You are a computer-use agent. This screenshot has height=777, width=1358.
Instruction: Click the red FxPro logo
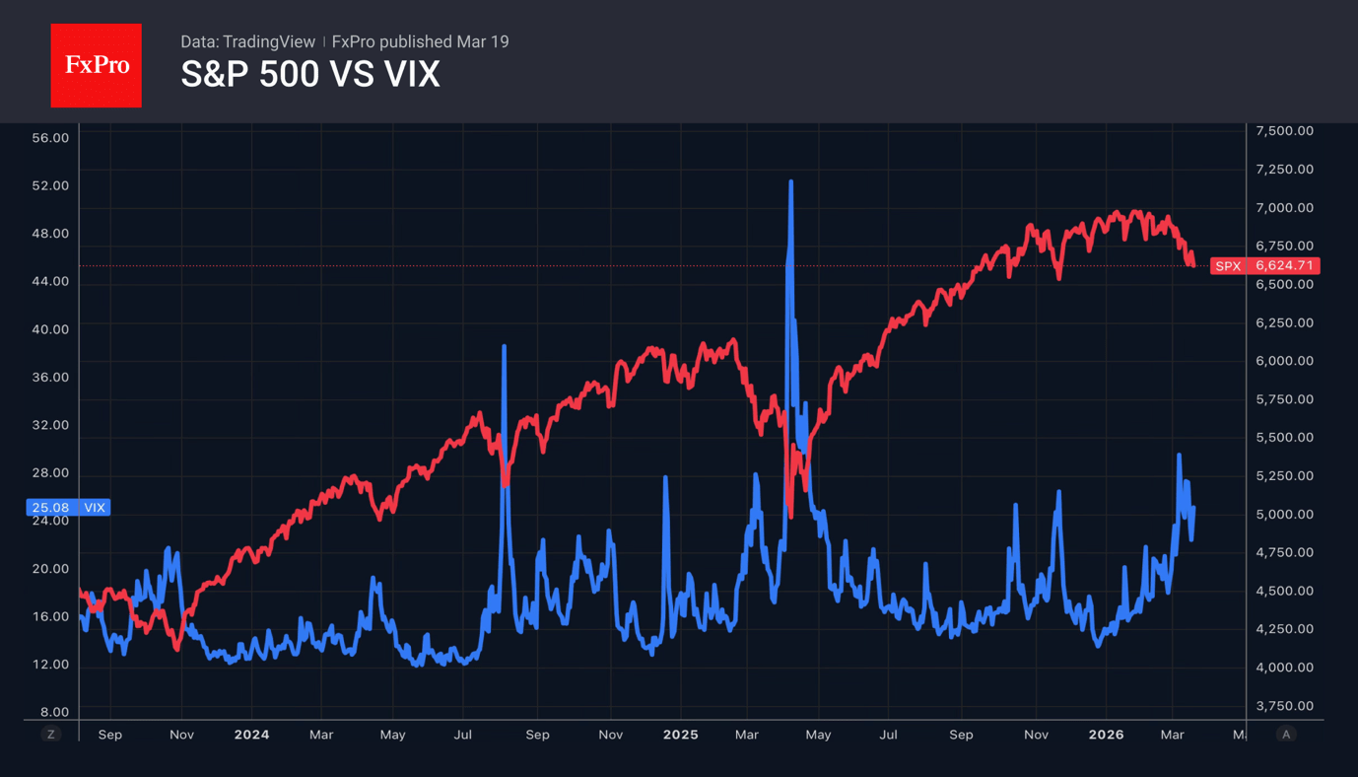96,65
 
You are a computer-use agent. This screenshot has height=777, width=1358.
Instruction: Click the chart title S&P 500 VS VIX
309,75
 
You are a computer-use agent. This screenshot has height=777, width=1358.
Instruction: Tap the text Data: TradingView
247,41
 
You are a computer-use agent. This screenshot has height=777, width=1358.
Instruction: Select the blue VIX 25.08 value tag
67,508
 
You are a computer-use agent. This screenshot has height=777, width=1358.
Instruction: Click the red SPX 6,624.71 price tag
1264,266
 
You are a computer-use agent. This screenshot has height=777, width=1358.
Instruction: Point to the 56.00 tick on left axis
50,138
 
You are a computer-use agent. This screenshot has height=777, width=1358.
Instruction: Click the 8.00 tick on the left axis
54,712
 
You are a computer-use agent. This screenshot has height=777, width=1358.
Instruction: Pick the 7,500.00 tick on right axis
1284,131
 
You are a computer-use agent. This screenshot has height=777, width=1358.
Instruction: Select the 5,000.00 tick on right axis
1284,515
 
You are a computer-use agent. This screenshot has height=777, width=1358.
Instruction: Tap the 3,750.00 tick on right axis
1284,706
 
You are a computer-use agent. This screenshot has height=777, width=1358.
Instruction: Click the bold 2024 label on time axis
252,735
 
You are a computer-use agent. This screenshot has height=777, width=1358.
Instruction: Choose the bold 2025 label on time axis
680,735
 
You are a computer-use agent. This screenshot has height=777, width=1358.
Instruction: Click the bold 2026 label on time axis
1106,735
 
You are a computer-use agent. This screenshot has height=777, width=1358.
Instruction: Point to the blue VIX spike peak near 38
504,347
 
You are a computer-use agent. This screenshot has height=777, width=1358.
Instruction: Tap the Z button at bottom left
51,735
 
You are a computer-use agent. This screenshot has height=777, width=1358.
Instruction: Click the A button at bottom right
1285,735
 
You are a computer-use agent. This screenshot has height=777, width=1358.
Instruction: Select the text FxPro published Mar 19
421,41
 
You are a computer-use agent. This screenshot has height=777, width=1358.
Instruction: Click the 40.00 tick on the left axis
50,329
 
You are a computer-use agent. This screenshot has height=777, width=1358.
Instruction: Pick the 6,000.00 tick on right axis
1284,361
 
